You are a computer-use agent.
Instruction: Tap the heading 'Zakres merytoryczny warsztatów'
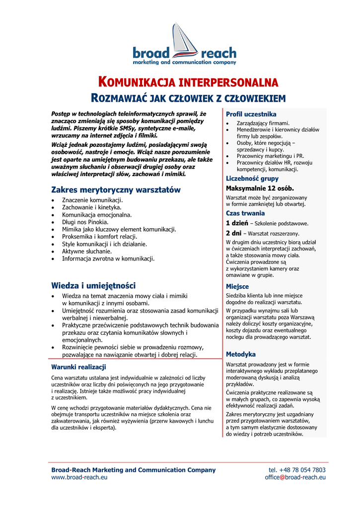coord(116,190)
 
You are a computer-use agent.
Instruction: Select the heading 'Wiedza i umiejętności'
coord(93,286)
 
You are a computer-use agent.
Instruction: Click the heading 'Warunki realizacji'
coord(78,367)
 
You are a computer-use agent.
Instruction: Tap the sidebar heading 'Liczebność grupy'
coord(252,179)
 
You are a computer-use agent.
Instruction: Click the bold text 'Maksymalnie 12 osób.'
coord(260,189)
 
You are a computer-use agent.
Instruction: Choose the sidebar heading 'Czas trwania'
coord(245,213)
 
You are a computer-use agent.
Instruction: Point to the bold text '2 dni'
coord(233,233)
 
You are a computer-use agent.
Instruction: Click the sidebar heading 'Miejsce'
coord(237,287)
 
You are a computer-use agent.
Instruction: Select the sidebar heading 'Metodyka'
coord(241,355)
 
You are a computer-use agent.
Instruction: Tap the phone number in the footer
coord(297,470)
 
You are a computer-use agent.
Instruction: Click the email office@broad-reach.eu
coord(295,477)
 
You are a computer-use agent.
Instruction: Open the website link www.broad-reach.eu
coord(79,477)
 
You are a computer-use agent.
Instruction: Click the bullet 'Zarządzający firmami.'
coord(263,123)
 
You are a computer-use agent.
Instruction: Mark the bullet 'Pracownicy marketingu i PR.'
coord(270,156)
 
